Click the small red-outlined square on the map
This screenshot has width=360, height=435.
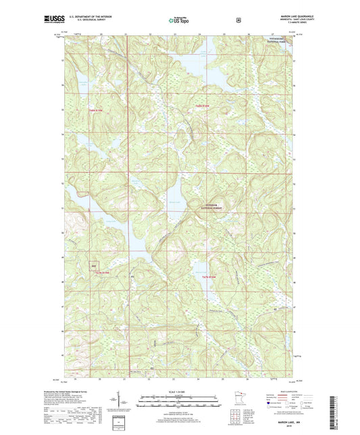(94, 266)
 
